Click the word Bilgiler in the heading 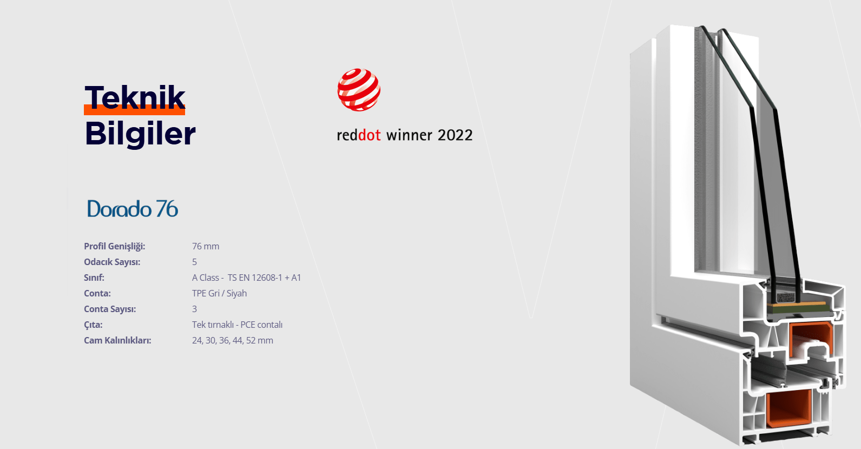(x=140, y=134)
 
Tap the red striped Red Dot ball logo (x=359, y=90)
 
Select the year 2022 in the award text (x=455, y=135)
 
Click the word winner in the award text (x=409, y=135)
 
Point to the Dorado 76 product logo (x=133, y=209)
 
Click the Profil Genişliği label (x=115, y=247)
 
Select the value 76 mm (x=206, y=246)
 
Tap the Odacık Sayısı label (x=112, y=262)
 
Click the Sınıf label (x=94, y=278)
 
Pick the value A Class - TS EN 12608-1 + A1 (x=246, y=278)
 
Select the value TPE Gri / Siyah (x=220, y=293)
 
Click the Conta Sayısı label (x=110, y=309)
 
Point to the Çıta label (x=94, y=325)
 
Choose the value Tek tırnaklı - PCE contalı (x=237, y=325)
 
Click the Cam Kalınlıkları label (x=117, y=341)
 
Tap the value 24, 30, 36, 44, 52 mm (x=233, y=341)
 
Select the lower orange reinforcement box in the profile (x=788, y=408)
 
